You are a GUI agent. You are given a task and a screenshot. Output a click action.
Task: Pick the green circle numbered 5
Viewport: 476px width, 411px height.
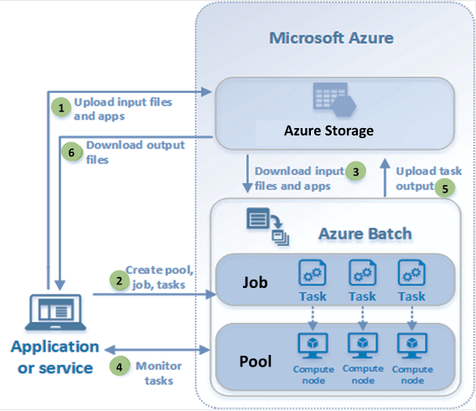(x=447, y=188)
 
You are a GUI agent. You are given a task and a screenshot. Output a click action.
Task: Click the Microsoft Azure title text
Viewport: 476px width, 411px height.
(x=331, y=39)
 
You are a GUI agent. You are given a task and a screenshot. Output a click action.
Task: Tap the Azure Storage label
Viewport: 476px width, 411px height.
(x=328, y=131)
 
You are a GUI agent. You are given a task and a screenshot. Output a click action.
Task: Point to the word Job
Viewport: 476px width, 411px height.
(x=254, y=282)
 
